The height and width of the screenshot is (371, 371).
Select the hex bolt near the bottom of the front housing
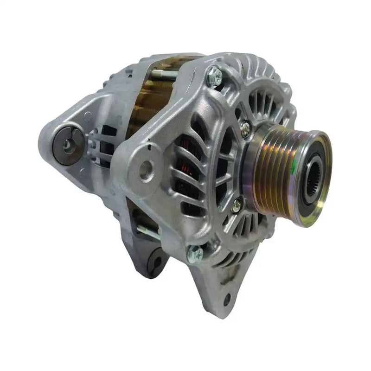pyautogui.click(x=195, y=253)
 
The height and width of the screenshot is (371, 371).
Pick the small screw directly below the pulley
pyautogui.click(x=237, y=204)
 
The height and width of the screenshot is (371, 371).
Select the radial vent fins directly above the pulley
pyautogui.click(x=260, y=102)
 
